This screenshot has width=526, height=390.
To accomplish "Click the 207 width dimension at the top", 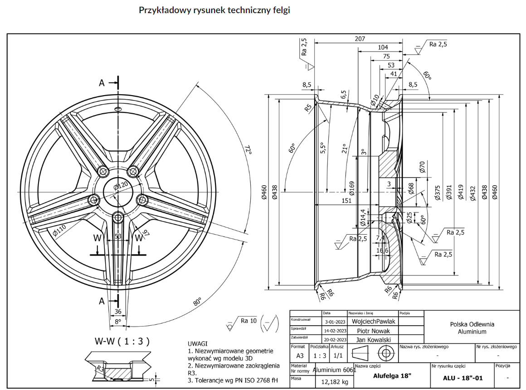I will (x=360, y=39).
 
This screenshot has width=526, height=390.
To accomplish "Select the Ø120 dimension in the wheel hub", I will (x=121, y=185).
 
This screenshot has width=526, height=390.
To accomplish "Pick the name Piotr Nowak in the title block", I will (x=373, y=331).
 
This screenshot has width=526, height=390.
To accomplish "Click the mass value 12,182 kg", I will (x=335, y=382).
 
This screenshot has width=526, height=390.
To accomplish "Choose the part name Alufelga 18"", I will (x=392, y=376).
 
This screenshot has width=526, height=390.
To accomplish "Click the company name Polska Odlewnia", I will (x=472, y=324).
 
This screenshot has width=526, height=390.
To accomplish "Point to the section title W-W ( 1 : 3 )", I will (x=122, y=341).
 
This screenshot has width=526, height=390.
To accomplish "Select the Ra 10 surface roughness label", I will (x=248, y=321).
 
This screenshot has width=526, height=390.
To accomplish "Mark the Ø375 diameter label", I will (x=437, y=192).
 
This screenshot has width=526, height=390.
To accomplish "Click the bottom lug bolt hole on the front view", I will (x=118, y=217).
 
